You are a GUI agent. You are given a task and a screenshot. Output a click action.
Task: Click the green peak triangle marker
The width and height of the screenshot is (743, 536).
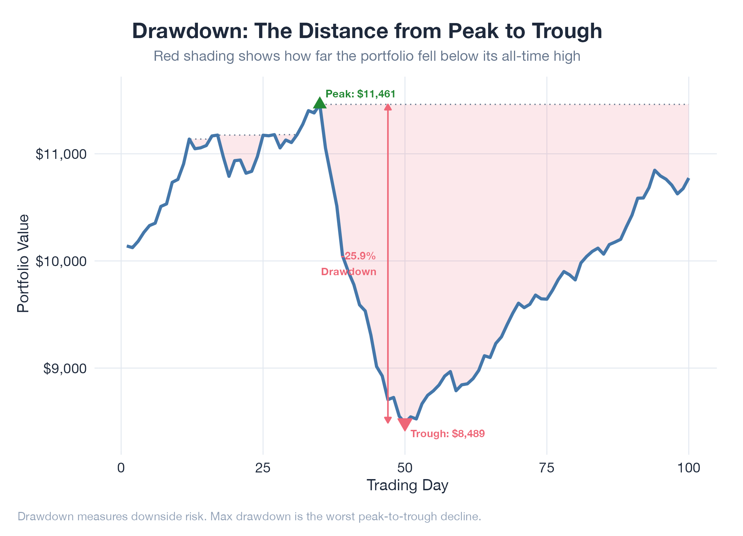click(x=320, y=103)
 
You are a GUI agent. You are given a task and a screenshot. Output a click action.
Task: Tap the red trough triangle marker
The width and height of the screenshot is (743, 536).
click(x=405, y=424)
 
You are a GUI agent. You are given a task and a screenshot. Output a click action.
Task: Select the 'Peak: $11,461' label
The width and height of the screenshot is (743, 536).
click(x=360, y=94)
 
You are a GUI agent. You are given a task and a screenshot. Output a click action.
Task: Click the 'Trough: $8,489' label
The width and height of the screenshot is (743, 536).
click(x=448, y=434)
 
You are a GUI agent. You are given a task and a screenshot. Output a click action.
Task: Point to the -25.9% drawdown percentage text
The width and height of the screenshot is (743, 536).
click(x=359, y=256)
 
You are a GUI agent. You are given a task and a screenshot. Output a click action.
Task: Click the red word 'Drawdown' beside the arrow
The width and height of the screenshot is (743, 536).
click(x=349, y=272)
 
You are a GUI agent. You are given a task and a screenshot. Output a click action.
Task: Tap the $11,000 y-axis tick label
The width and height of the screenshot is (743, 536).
click(x=61, y=154)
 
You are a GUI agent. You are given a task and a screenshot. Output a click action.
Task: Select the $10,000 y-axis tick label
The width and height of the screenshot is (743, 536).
click(x=61, y=261)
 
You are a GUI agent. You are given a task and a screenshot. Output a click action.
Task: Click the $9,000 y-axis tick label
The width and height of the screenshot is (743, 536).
click(x=65, y=368)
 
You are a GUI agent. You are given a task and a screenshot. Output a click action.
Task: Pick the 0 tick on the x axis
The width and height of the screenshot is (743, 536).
click(x=121, y=468)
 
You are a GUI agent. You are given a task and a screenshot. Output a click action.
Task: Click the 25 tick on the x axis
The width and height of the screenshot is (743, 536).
click(x=263, y=468)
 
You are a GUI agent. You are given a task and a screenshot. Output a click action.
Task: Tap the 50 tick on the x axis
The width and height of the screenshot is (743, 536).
click(x=405, y=468)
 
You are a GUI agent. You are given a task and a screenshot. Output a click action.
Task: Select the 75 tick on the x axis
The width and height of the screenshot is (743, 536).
click(x=547, y=468)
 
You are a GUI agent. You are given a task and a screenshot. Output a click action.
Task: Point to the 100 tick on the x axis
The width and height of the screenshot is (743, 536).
click(x=688, y=468)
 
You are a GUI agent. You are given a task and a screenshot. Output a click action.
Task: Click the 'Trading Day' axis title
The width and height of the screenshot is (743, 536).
click(x=407, y=485)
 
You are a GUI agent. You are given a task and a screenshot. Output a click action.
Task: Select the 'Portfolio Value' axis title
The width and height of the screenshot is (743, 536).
click(x=23, y=263)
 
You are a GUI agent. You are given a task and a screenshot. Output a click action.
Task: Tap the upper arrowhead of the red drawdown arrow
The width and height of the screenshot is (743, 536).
click(x=388, y=107)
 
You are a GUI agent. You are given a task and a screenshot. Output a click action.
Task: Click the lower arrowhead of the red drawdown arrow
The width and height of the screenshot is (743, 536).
click(x=388, y=420)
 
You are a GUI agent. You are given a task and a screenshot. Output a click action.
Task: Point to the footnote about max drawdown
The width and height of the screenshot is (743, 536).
click(x=249, y=516)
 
